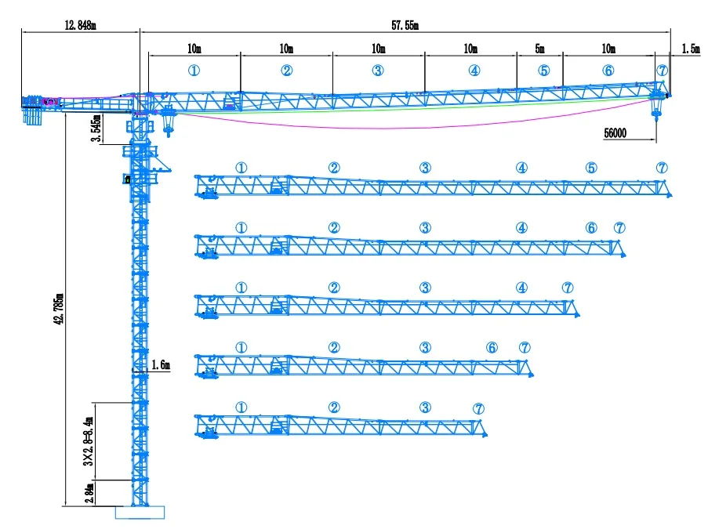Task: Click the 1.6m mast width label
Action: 160,364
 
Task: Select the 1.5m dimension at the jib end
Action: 691,49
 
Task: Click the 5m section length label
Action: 539,49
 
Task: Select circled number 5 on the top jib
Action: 544,70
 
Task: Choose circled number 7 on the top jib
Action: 663,70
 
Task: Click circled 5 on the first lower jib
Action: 591,168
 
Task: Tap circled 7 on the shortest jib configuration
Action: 478,408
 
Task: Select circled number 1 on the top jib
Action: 194,70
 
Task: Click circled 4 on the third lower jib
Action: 521,288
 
